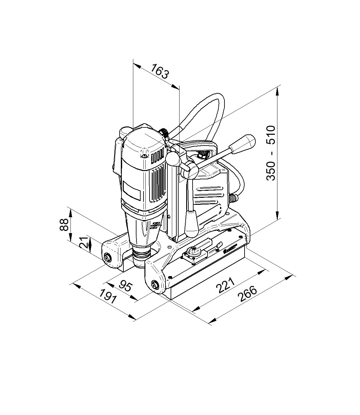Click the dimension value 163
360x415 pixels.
[x=160, y=71]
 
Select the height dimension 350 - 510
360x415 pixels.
[x=270, y=153]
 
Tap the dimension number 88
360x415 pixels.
[x=64, y=225]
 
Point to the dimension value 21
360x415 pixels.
[x=83, y=242]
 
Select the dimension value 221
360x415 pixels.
[x=225, y=285]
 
